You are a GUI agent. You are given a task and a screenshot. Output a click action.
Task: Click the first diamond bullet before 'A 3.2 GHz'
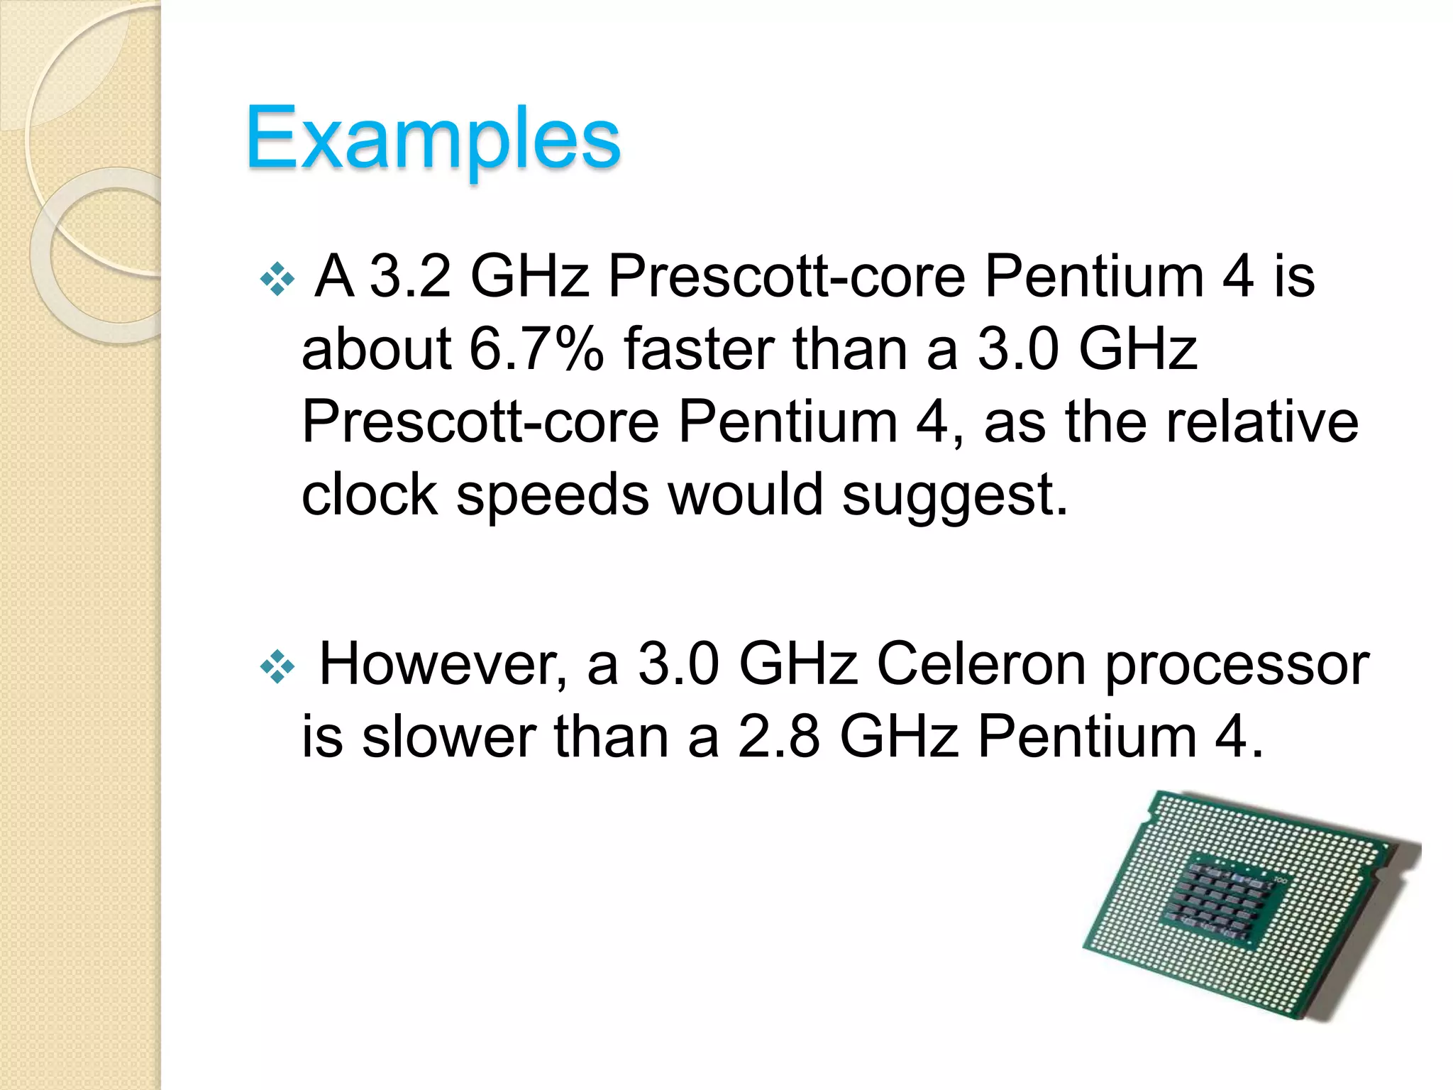(277, 279)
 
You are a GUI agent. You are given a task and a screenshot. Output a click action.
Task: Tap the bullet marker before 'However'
(277, 667)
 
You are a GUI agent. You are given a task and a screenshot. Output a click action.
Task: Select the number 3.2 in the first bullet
(411, 276)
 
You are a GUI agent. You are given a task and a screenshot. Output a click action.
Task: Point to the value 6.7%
(536, 349)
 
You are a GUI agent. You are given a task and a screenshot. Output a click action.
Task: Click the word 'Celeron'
(981, 664)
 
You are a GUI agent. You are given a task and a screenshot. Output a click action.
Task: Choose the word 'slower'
(448, 737)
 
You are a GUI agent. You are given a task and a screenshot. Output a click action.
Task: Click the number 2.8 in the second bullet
(778, 737)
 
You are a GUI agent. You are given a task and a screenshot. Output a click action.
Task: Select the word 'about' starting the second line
(376, 349)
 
